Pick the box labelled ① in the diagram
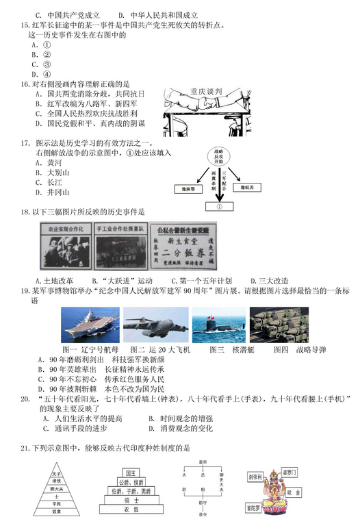(220, 204)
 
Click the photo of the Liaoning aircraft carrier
(90, 325)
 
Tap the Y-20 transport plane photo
(155, 325)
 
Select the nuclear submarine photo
(216, 325)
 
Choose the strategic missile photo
(279, 325)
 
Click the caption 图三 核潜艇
(218, 350)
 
